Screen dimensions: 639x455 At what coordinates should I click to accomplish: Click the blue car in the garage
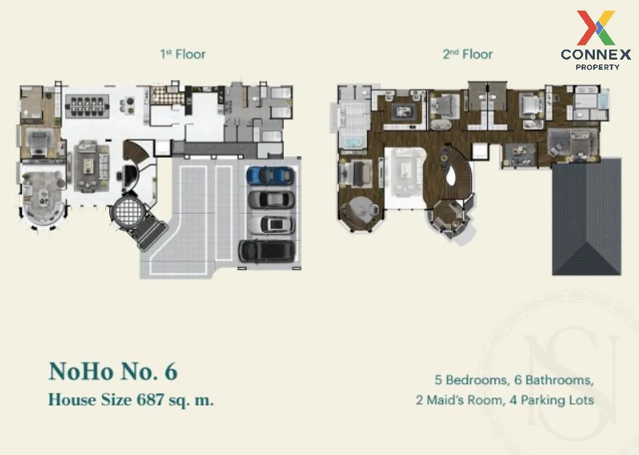click(x=270, y=175)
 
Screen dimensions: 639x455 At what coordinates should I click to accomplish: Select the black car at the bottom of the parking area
click(x=267, y=251)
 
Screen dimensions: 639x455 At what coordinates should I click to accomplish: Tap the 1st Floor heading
click(x=183, y=54)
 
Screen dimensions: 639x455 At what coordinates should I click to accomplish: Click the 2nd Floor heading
click(x=468, y=54)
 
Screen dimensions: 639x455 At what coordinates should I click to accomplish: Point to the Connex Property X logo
click(x=596, y=28)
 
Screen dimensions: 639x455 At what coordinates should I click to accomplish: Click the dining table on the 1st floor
click(x=87, y=107)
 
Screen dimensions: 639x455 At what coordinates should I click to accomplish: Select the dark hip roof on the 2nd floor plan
click(x=586, y=217)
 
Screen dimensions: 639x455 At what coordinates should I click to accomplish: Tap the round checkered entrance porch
click(x=128, y=211)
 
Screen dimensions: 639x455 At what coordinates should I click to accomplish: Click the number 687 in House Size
click(x=150, y=400)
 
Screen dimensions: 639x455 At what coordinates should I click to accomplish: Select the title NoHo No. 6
click(x=113, y=371)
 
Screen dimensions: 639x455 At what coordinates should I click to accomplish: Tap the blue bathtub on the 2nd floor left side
click(x=353, y=142)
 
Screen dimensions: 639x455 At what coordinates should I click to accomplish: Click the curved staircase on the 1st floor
click(x=135, y=151)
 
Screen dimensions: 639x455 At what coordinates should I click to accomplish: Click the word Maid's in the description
click(x=445, y=400)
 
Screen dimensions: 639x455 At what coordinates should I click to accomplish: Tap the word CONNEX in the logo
click(x=596, y=54)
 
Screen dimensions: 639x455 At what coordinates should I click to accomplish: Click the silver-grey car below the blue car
click(x=271, y=199)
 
